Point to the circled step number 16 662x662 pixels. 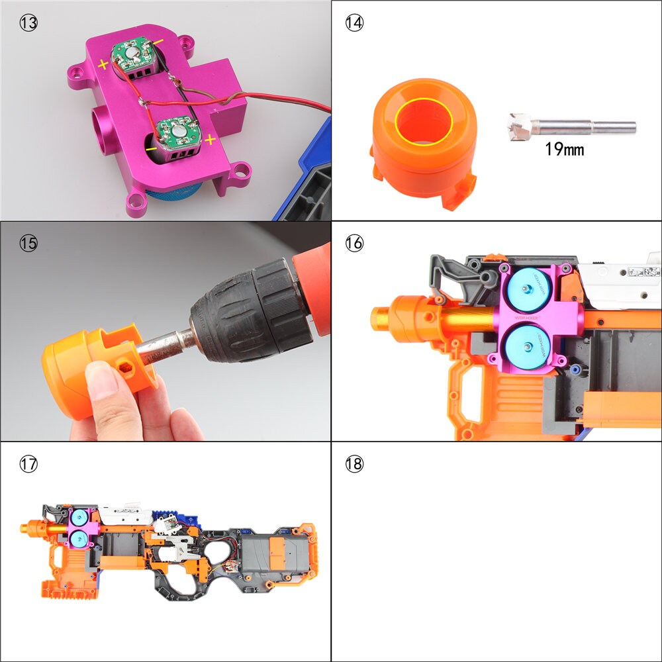[x=355, y=243]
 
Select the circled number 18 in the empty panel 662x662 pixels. [x=355, y=464]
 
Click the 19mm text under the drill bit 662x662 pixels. [x=564, y=148]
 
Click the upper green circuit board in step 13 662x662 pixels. [x=136, y=57]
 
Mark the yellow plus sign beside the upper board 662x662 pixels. [x=103, y=64]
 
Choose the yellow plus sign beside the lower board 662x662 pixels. [x=211, y=140]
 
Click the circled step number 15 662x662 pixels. [x=28, y=243]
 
